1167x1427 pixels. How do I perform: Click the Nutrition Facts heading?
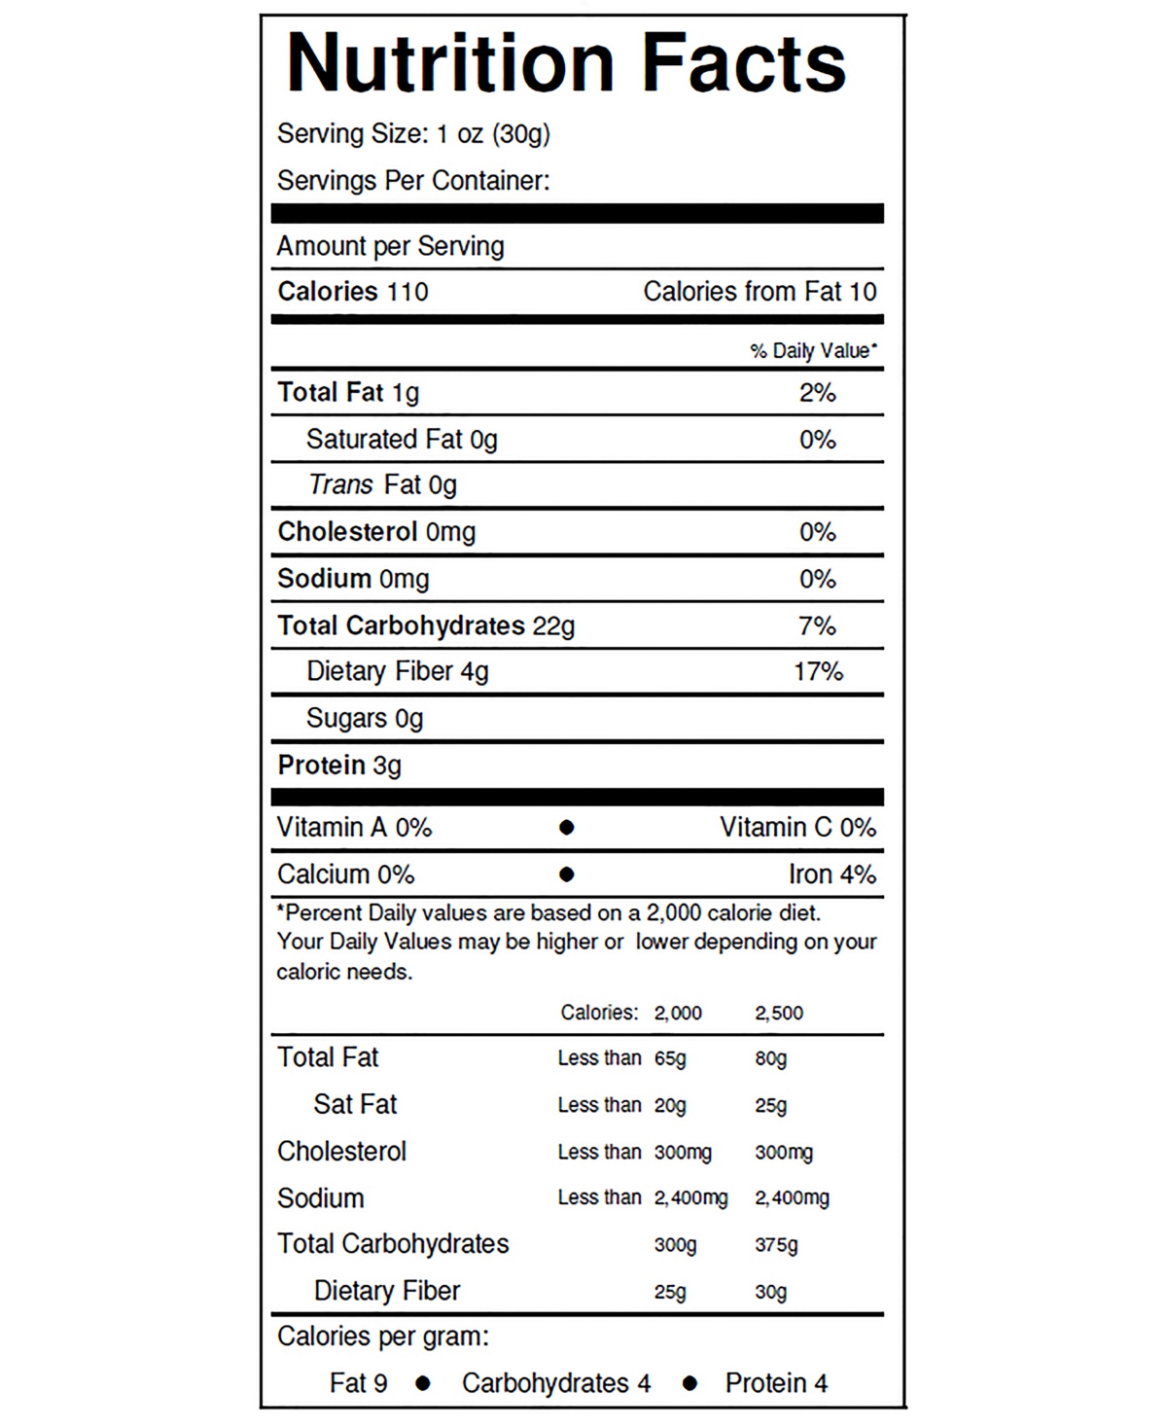(x=566, y=64)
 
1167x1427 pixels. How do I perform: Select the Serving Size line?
(x=413, y=133)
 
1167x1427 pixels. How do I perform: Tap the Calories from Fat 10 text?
(x=760, y=292)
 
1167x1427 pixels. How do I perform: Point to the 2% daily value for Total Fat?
(x=817, y=393)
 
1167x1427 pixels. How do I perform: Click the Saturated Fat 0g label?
(x=401, y=440)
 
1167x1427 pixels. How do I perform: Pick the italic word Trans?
(x=340, y=484)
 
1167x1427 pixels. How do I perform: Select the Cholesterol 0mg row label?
(x=376, y=532)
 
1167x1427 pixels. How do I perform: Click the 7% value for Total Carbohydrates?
(x=817, y=625)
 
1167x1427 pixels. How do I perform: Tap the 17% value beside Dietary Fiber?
(x=818, y=672)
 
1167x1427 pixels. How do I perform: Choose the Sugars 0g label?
(x=365, y=719)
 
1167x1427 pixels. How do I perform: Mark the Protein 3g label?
(x=339, y=766)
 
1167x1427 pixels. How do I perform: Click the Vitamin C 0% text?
(x=797, y=828)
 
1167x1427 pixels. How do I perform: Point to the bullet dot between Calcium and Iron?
(x=567, y=874)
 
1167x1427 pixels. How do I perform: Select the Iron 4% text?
(x=831, y=874)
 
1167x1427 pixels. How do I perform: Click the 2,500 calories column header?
(x=779, y=1013)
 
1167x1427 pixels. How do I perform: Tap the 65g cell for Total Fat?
(x=670, y=1058)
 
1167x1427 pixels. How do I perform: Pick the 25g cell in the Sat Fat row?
(x=770, y=1105)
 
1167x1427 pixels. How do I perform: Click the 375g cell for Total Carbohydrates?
(x=776, y=1245)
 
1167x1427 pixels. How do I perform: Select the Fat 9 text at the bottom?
(x=358, y=1383)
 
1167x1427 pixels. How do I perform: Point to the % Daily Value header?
(x=813, y=351)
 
